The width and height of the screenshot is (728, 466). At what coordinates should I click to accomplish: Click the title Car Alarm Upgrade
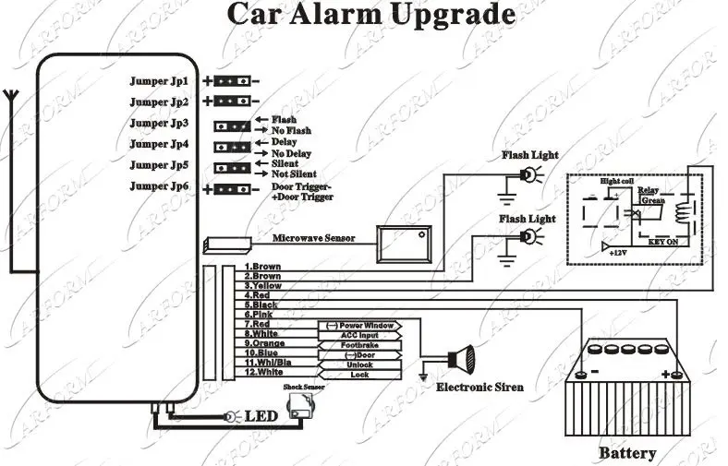coord(370,16)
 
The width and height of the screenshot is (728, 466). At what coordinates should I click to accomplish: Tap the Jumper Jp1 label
coord(159,80)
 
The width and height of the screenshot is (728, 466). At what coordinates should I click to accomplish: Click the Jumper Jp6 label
coord(159,186)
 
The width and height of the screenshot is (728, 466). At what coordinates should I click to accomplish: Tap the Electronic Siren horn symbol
coord(460,358)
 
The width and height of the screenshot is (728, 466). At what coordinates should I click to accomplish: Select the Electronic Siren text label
coord(479,387)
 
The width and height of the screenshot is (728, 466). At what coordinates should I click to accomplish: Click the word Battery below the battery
coord(627,453)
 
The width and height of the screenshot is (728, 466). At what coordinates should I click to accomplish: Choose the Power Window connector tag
coord(360,326)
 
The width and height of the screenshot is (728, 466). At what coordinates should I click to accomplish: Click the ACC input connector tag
coord(360,335)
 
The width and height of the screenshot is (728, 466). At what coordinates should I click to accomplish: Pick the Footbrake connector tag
coord(360,344)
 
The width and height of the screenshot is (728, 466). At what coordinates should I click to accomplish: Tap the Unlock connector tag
coord(360,364)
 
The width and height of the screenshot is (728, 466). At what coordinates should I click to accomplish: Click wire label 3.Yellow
coord(263,286)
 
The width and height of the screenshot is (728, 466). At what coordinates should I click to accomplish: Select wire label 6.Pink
coord(258,315)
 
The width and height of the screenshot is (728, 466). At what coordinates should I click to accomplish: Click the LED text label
coord(261,417)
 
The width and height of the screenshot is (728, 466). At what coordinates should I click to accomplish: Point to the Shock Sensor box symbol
coord(301,407)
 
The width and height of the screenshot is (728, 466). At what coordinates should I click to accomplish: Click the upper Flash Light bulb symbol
coord(527,174)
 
